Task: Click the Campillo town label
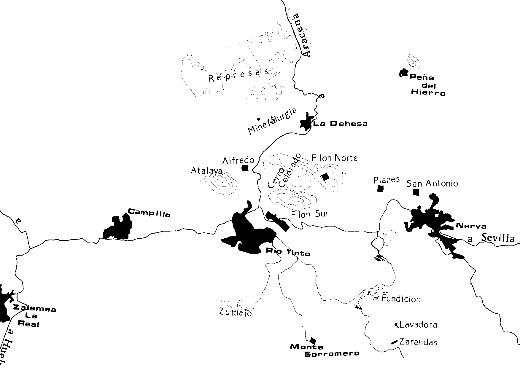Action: (149, 213)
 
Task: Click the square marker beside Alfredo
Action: (245, 168)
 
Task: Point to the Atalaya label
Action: (206, 171)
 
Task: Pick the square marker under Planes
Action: (380, 188)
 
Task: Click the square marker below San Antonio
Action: (416, 192)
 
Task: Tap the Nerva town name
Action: (471, 226)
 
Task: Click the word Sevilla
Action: (498, 238)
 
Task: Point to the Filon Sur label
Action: (310, 214)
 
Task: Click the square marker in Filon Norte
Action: (325, 177)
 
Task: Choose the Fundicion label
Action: (401, 299)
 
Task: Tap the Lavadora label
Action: (418, 325)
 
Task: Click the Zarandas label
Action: (418, 342)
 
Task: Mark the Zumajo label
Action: (236, 312)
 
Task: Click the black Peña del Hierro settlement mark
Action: (403, 73)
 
